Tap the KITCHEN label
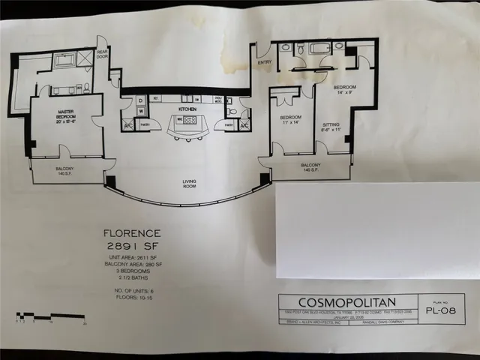pyautogui.click(x=187, y=109)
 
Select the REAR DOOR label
pyautogui.click(x=102, y=48)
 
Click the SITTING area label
pyautogui.click(x=331, y=127)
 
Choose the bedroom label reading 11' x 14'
pyautogui.click(x=291, y=121)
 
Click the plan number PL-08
pyautogui.click(x=447, y=307)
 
